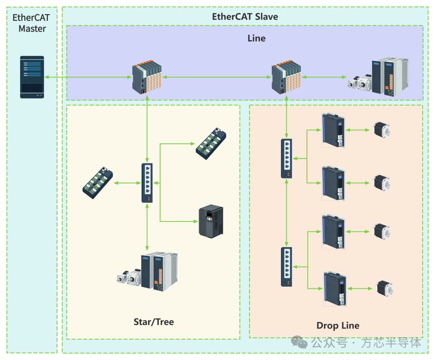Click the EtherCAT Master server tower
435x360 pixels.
[32, 77]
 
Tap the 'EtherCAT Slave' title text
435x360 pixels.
[245, 17]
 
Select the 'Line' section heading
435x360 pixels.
[256, 38]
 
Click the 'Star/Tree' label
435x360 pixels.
[154, 322]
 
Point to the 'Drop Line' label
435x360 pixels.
[338, 325]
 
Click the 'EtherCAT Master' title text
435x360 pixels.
[31, 23]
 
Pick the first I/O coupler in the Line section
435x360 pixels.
[147, 77]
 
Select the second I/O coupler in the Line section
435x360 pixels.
[286, 77]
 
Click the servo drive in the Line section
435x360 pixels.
[378, 77]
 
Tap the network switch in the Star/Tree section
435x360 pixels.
[147, 183]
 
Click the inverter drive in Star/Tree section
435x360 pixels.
[211, 221]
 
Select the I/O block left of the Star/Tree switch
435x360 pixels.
[97, 183]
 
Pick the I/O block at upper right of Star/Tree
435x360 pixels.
[211, 144]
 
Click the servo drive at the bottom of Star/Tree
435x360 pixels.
[147, 272]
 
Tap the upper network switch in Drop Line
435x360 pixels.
[287, 158]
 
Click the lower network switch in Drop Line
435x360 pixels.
[287, 267]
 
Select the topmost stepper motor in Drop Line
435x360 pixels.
[382, 130]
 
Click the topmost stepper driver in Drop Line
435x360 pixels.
[333, 130]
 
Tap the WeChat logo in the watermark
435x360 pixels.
[299, 343]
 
